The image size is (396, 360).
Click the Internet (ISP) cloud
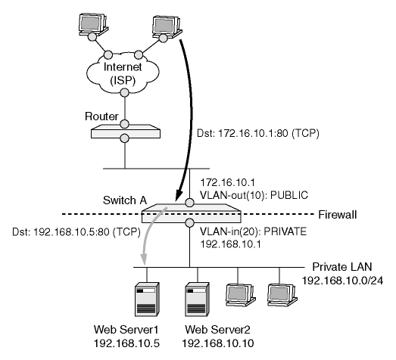pyautogui.click(x=123, y=73)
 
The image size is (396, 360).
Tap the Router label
pyautogui.click(x=101, y=116)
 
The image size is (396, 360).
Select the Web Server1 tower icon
pyautogui.click(x=147, y=299)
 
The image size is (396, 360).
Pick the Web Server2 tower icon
pyautogui.click(x=197, y=299)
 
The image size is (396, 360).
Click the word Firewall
pyautogui.click(x=338, y=215)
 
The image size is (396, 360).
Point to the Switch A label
pyautogui.click(x=125, y=200)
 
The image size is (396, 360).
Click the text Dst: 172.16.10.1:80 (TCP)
pyautogui.click(x=258, y=133)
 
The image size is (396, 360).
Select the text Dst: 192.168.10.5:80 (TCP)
pyautogui.click(x=76, y=232)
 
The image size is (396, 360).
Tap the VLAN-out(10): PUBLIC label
pyautogui.click(x=254, y=195)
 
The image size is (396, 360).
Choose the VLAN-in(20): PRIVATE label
pyautogui.click(x=254, y=231)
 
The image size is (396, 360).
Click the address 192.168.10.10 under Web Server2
pyautogui.click(x=218, y=343)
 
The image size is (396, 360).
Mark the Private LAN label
pyautogui.click(x=342, y=267)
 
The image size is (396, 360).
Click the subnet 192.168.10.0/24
pyautogui.click(x=343, y=281)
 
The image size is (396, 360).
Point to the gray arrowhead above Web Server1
pyautogui.click(x=144, y=259)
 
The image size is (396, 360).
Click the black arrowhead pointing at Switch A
pyautogui.click(x=179, y=195)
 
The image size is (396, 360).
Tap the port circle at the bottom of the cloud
pyautogui.click(x=124, y=92)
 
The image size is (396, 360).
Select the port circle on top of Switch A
pyautogui.click(x=189, y=203)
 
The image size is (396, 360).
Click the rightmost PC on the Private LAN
pyautogui.click(x=282, y=295)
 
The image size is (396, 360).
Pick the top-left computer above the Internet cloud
pyautogui.click(x=93, y=24)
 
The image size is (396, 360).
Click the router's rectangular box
pyautogui.click(x=126, y=132)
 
